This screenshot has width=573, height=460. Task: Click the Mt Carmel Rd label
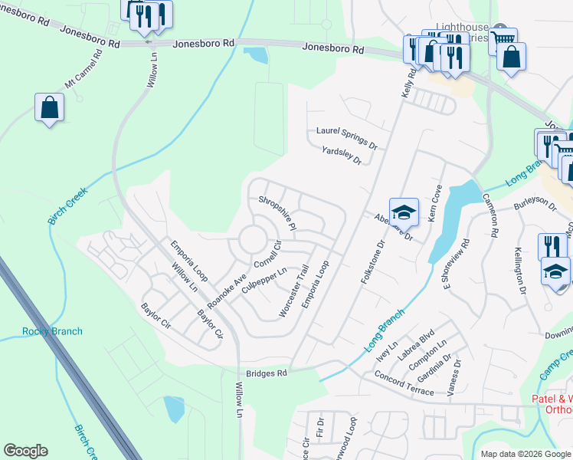[83, 71]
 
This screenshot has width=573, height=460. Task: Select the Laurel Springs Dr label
[347, 137]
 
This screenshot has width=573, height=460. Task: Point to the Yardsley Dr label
[341, 156]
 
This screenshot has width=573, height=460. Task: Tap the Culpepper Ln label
[264, 281]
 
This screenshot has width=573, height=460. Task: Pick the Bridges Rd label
[266, 373]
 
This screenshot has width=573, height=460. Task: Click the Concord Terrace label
[404, 384]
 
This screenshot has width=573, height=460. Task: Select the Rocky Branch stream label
[52, 331]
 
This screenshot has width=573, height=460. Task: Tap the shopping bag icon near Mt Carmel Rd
[49, 107]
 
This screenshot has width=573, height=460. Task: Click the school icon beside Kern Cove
[404, 212]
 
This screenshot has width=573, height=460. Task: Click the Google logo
[25, 451]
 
